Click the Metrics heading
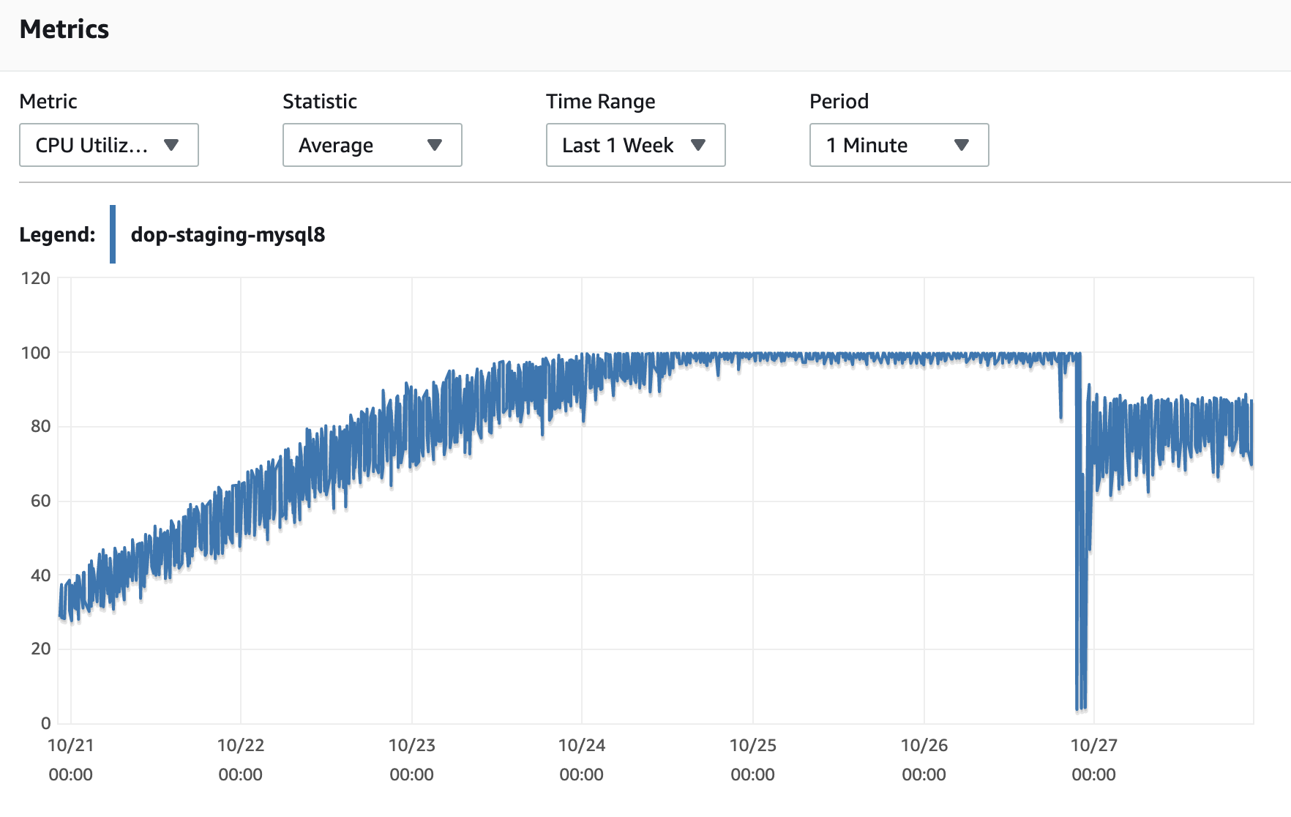[x=64, y=29]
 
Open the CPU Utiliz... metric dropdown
[x=108, y=145]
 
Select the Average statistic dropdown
[x=372, y=145]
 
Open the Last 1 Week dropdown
[x=635, y=145]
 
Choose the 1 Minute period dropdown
[x=899, y=145]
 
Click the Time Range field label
[x=600, y=101]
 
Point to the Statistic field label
[x=320, y=101]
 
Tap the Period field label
[x=839, y=101]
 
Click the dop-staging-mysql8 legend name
[x=228, y=234]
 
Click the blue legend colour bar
[x=113, y=234]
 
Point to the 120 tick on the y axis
[x=35, y=278]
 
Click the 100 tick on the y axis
[x=35, y=353]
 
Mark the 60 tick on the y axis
[x=40, y=501]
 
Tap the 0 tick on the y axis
[x=45, y=723]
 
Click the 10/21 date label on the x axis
[x=70, y=745]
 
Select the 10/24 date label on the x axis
[x=582, y=745]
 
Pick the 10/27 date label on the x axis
[x=1093, y=745]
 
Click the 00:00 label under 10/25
[x=752, y=775]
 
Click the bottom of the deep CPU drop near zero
[x=1080, y=707]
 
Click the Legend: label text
[x=57, y=234]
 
